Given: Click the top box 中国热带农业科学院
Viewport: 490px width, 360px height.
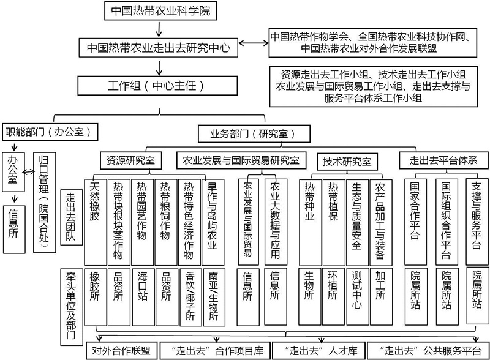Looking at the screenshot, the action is tap(160, 10).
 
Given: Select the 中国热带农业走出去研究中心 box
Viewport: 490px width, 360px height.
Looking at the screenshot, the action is tap(159, 48).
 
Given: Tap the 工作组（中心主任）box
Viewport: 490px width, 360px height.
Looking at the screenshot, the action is tap(157, 86).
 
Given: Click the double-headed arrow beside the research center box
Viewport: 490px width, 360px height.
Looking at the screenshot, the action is tap(254, 43).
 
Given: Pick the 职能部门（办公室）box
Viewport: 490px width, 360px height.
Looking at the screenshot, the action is tap(50, 132).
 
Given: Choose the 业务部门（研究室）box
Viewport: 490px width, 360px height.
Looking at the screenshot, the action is tap(254, 133).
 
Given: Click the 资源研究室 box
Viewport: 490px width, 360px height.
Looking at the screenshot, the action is tap(131, 161).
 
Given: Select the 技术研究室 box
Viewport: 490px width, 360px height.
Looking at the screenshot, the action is tap(347, 162).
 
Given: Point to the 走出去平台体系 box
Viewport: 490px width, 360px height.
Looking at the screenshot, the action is tap(443, 160).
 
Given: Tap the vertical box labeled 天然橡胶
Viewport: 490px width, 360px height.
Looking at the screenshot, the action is tap(96, 222).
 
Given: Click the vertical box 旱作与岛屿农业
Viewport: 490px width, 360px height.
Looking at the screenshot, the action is tap(213, 222).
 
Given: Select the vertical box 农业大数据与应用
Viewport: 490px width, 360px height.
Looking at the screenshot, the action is tap(275, 222).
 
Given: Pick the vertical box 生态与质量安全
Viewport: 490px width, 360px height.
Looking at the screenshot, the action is tap(357, 222).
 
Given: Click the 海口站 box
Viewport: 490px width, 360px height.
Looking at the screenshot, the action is tap(143, 297).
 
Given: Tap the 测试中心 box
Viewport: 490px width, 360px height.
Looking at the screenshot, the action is tap(357, 296).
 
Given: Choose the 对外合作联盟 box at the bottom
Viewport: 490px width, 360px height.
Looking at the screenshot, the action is tap(121, 350).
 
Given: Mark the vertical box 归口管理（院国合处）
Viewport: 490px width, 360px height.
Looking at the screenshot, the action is tap(44, 203).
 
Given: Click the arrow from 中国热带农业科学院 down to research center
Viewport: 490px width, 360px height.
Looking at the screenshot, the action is tap(159, 29).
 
